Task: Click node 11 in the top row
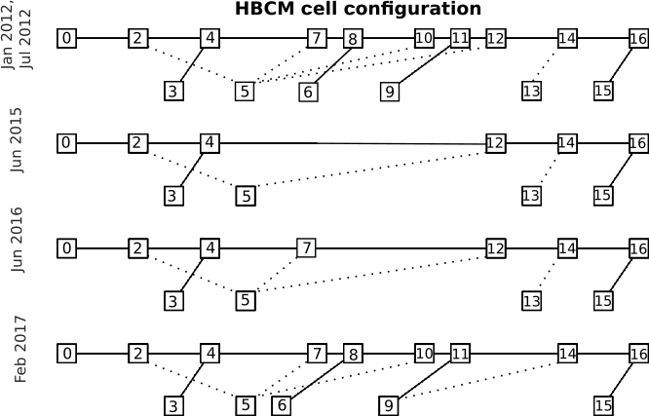[x=460, y=38]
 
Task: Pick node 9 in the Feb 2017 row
[x=389, y=404]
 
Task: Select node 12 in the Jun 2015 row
[x=495, y=143]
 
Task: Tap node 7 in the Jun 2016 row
[x=306, y=248]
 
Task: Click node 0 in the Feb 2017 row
[x=66, y=353]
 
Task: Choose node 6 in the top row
[x=308, y=92]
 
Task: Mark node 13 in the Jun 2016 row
[x=531, y=300]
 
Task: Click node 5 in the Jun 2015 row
[x=246, y=196]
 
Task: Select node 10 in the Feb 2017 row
[x=424, y=353]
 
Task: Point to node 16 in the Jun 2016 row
[x=638, y=248]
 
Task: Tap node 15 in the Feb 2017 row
[x=603, y=404]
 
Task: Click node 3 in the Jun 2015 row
[x=173, y=196]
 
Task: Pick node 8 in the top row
[x=353, y=39]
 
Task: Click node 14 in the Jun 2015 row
[x=567, y=143]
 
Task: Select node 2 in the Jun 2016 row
[x=138, y=248]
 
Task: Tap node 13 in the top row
[x=531, y=92]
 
